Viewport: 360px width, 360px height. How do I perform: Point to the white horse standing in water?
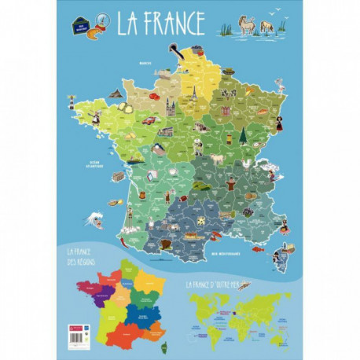(x=248, y=27)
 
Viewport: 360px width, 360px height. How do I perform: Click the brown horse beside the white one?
(x=266, y=27)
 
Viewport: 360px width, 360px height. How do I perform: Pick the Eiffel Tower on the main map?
(x=191, y=94)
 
